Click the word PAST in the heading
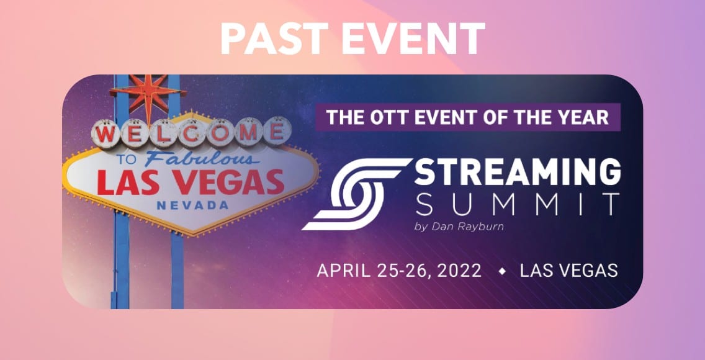[275, 38]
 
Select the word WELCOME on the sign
[191, 133]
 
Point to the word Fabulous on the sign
[202, 158]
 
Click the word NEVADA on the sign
[192, 205]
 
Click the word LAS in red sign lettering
[126, 182]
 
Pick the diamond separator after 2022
[502, 271]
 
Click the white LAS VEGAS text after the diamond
[568, 271]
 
